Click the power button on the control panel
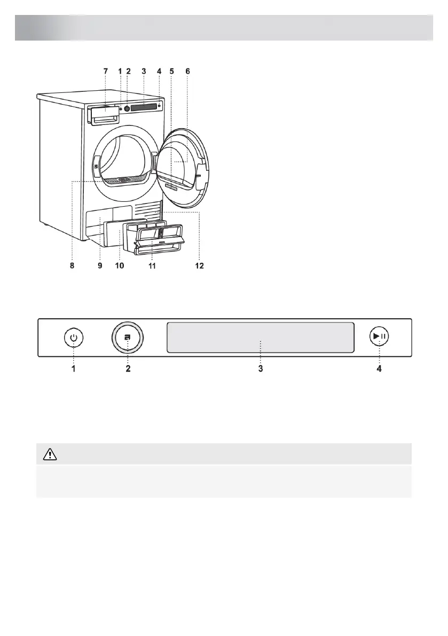point(74,337)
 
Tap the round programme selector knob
point(128,337)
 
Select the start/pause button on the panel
point(379,336)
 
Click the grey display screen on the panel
point(260,337)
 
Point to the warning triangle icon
point(50,454)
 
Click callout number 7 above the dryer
point(106,71)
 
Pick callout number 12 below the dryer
point(200,266)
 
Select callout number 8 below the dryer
point(72,266)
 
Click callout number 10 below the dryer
point(120,266)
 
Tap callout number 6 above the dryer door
point(188,71)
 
